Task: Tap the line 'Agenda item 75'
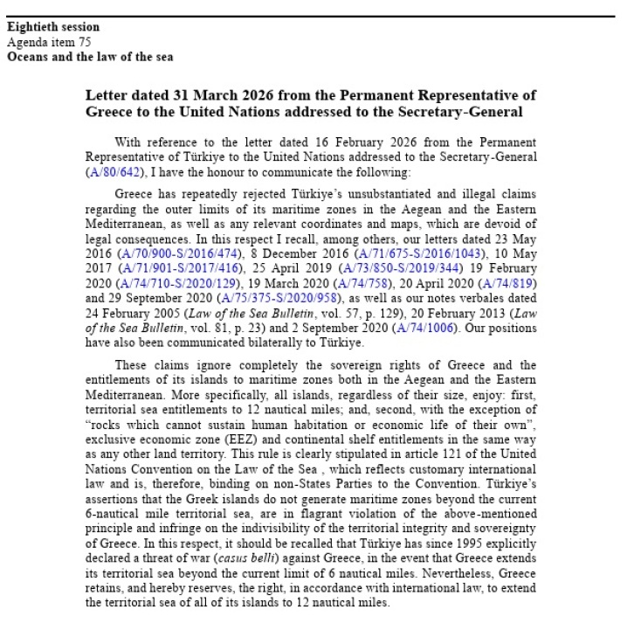49,42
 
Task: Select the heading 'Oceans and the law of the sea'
90,57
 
